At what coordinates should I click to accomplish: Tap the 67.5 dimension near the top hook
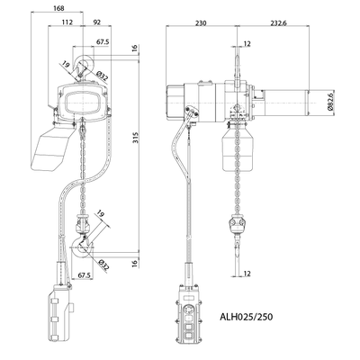pos(103,40)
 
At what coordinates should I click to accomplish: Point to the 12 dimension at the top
pos(247,41)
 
